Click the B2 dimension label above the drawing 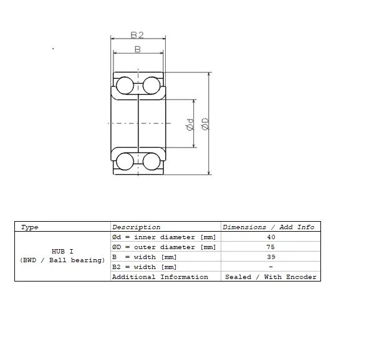(137, 36)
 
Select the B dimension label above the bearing (137, 49)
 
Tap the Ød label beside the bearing (189, 124)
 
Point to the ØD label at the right (205, 124)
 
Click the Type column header (29, 227)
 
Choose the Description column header (136, 227)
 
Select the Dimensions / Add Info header (269, 227)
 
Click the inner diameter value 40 (271, 237)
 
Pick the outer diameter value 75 (271, 247)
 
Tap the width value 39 (271, 257)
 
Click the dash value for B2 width (271, 267)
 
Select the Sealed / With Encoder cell (271, 277)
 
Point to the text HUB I (62, 252)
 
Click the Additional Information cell (160, 277)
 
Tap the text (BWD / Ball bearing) (62, 260)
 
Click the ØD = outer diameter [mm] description (164, 247)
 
